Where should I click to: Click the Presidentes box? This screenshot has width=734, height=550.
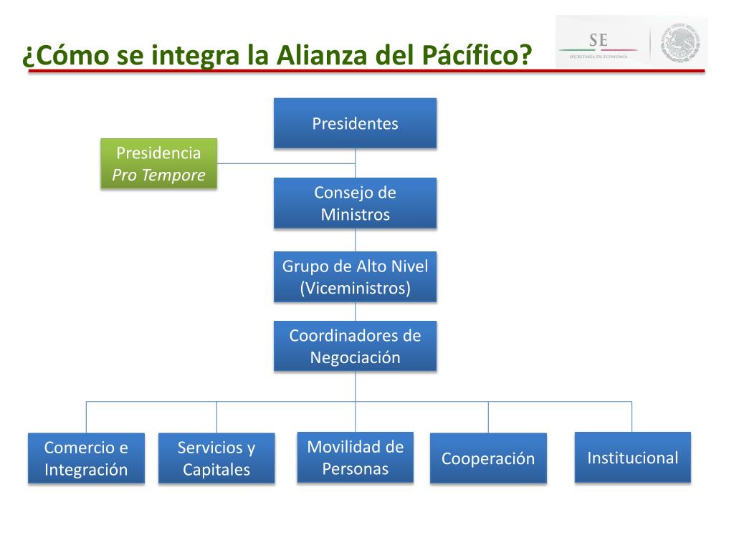point(355,123)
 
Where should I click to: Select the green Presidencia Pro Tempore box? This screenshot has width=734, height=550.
point(158,163)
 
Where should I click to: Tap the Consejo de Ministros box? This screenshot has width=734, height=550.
point(355,203)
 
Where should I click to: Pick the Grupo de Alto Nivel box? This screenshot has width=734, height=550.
point(355,276)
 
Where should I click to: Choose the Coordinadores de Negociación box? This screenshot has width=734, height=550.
point(355,346)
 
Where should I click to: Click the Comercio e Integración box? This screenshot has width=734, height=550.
point(86,458)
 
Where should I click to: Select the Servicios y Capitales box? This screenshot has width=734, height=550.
point(216,458)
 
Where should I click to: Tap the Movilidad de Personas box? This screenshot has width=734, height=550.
point(355,458)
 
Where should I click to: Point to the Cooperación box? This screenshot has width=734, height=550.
point(488,458)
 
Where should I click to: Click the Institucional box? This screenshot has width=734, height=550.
point(632,458)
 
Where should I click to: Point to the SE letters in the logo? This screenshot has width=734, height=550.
point(598,40)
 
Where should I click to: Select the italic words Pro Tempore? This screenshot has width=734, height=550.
point(158,175)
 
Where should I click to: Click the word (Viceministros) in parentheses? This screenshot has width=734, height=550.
point(355,288)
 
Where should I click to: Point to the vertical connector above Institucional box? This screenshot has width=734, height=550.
point(631,417)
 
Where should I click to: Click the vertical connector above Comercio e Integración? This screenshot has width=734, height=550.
point(87,418)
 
